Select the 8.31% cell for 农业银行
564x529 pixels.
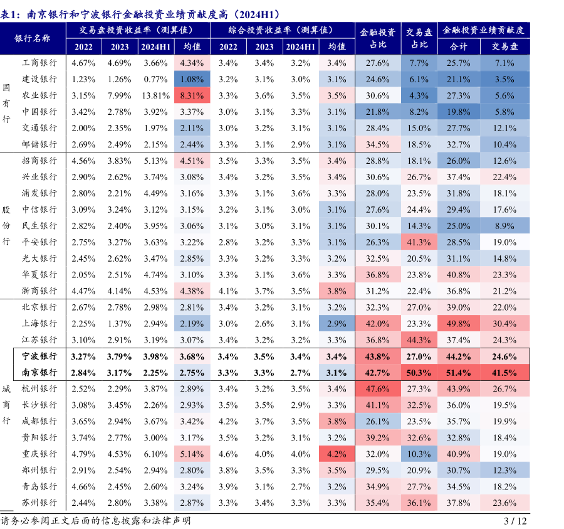(192, 95)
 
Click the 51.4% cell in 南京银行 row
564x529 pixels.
(459, 372)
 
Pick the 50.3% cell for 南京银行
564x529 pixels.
(419, 372)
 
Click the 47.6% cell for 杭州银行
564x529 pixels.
(377, 388)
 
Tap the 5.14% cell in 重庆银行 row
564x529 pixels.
(192, 454)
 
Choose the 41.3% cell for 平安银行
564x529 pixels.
(419, 242)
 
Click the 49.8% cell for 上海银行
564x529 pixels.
(459, 324)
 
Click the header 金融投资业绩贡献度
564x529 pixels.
(483, 29)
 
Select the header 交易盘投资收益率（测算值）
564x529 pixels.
(136, 29)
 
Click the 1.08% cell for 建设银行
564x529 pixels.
(192, 79)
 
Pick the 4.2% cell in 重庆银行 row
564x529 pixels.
(337, 454)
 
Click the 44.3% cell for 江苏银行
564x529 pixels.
(419, 340)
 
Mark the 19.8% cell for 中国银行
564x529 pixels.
(459, 112)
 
